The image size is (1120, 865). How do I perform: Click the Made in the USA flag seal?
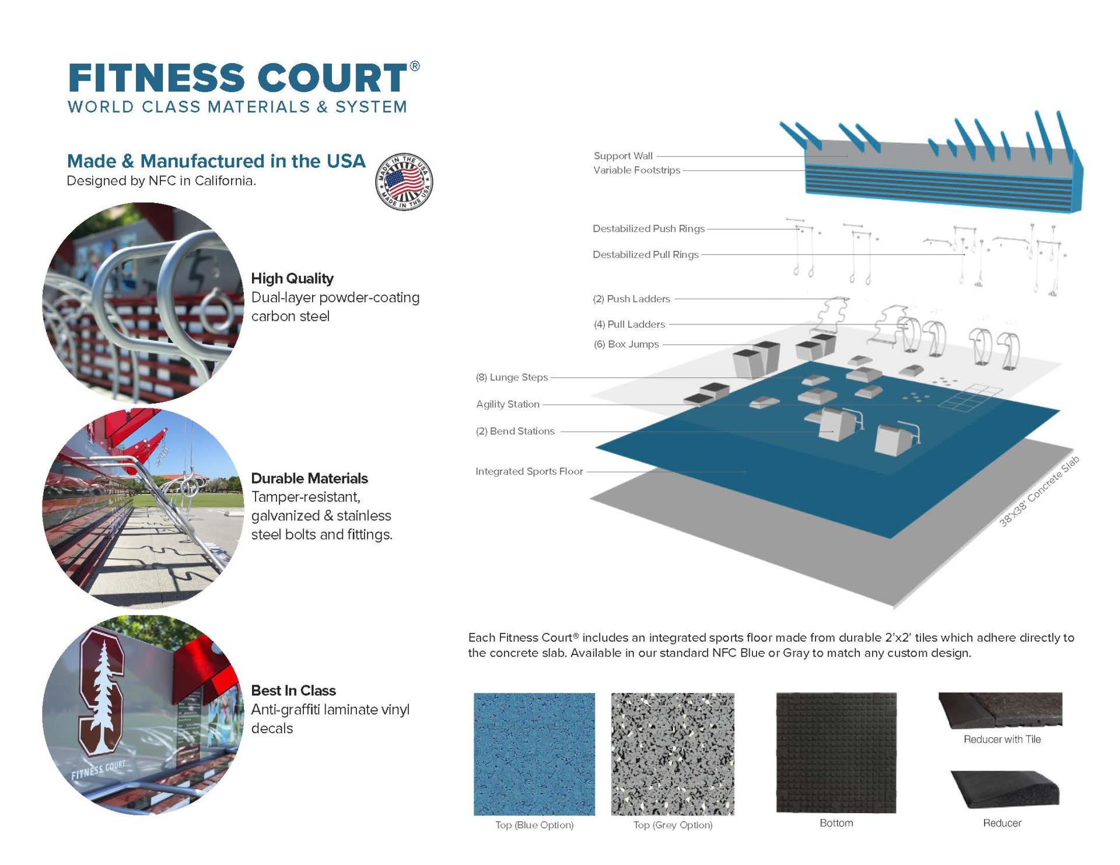point(404,182)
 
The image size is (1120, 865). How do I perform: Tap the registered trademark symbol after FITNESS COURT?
point(414,66)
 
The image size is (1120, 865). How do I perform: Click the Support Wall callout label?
point(622,156)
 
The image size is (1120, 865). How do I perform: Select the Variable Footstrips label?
point(636,170)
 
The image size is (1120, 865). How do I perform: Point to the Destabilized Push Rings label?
point(648,229)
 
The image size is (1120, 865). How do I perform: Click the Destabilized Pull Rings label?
point(645,254)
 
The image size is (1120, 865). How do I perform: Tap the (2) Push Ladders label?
point(631,299)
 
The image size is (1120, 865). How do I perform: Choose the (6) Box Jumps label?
point(626,344)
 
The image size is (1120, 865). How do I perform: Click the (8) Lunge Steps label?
point(512,377)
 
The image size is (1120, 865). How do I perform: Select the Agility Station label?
point(508,404)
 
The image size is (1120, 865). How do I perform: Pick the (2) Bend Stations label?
point(514,431)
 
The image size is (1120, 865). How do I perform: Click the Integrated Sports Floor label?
point(528,471)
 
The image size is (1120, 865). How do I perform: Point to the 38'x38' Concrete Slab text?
point(1039,491)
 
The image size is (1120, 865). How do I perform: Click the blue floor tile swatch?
point(534,754)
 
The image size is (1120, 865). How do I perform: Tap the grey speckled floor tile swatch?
point(672,754)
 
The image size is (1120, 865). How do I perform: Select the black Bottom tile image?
point(835,752)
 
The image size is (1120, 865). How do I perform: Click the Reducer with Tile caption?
point(1002,739)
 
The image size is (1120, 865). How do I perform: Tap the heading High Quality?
point(292,278)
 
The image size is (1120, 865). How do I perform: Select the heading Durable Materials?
point(309,478)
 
